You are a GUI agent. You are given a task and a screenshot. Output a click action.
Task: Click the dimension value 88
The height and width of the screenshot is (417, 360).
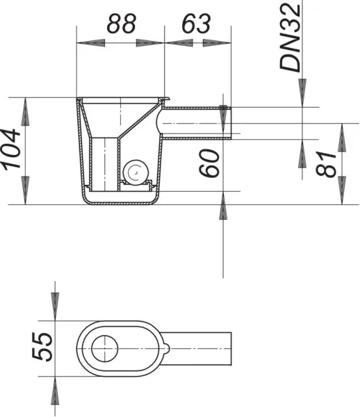121,24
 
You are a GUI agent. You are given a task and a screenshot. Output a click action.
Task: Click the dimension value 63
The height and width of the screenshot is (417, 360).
197,24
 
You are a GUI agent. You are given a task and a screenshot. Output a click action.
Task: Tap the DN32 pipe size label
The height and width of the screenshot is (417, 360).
291,38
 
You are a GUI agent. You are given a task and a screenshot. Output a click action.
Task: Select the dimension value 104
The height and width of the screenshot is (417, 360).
10,149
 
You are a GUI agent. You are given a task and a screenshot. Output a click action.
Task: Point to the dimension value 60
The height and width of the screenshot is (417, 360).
209,163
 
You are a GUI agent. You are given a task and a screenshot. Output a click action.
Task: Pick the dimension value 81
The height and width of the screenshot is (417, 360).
326,163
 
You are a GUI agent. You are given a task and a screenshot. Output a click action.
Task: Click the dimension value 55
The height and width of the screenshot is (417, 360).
42,347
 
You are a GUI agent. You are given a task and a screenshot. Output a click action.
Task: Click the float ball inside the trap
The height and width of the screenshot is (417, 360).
136,172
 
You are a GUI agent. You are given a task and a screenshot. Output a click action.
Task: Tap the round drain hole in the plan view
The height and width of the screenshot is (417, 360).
104,348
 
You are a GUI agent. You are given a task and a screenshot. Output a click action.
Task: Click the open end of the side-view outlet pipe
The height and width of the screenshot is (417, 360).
231,123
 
